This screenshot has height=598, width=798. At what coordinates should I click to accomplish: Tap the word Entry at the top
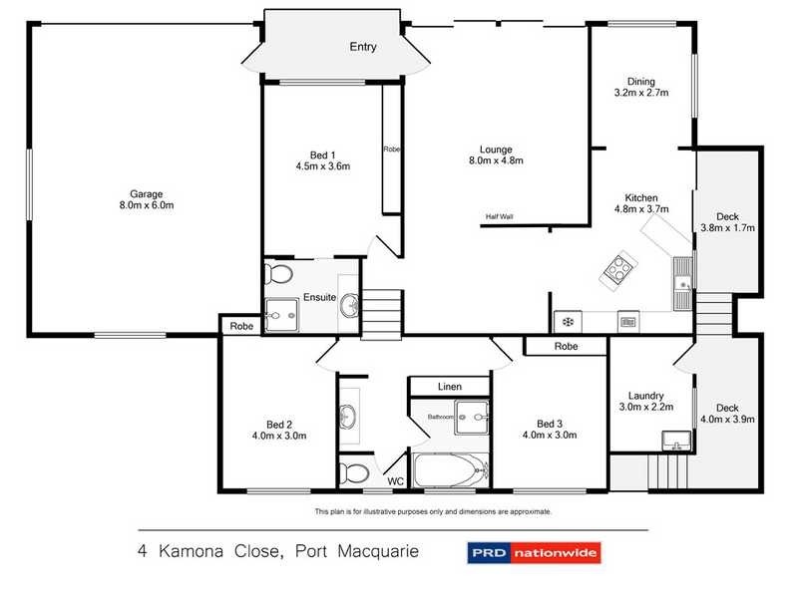tap(362, 47)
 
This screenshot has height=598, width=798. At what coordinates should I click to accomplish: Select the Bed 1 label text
tap(321, 154)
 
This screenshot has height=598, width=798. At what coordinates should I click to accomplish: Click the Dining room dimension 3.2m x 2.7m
tap(640, 93)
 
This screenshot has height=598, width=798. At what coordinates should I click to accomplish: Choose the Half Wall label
tap(500, 217)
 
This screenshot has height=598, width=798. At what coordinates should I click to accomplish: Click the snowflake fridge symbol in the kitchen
tap(568, 321)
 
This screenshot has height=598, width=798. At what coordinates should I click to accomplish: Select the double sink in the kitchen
tap(682, 279)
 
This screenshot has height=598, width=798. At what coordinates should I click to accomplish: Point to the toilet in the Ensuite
tap(281, 273)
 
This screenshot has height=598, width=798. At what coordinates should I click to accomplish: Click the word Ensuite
tap(320, 296)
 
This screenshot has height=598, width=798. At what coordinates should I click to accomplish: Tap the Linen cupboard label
tap(449, 386)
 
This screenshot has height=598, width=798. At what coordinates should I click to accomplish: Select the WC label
tap(395, 481)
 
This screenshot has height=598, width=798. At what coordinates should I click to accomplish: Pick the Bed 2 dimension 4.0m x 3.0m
tap(278, 436)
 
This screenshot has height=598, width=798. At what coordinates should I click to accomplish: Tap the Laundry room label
tap(646, 394)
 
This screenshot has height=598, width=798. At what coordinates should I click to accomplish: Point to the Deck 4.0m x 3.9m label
tap(727, 414)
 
